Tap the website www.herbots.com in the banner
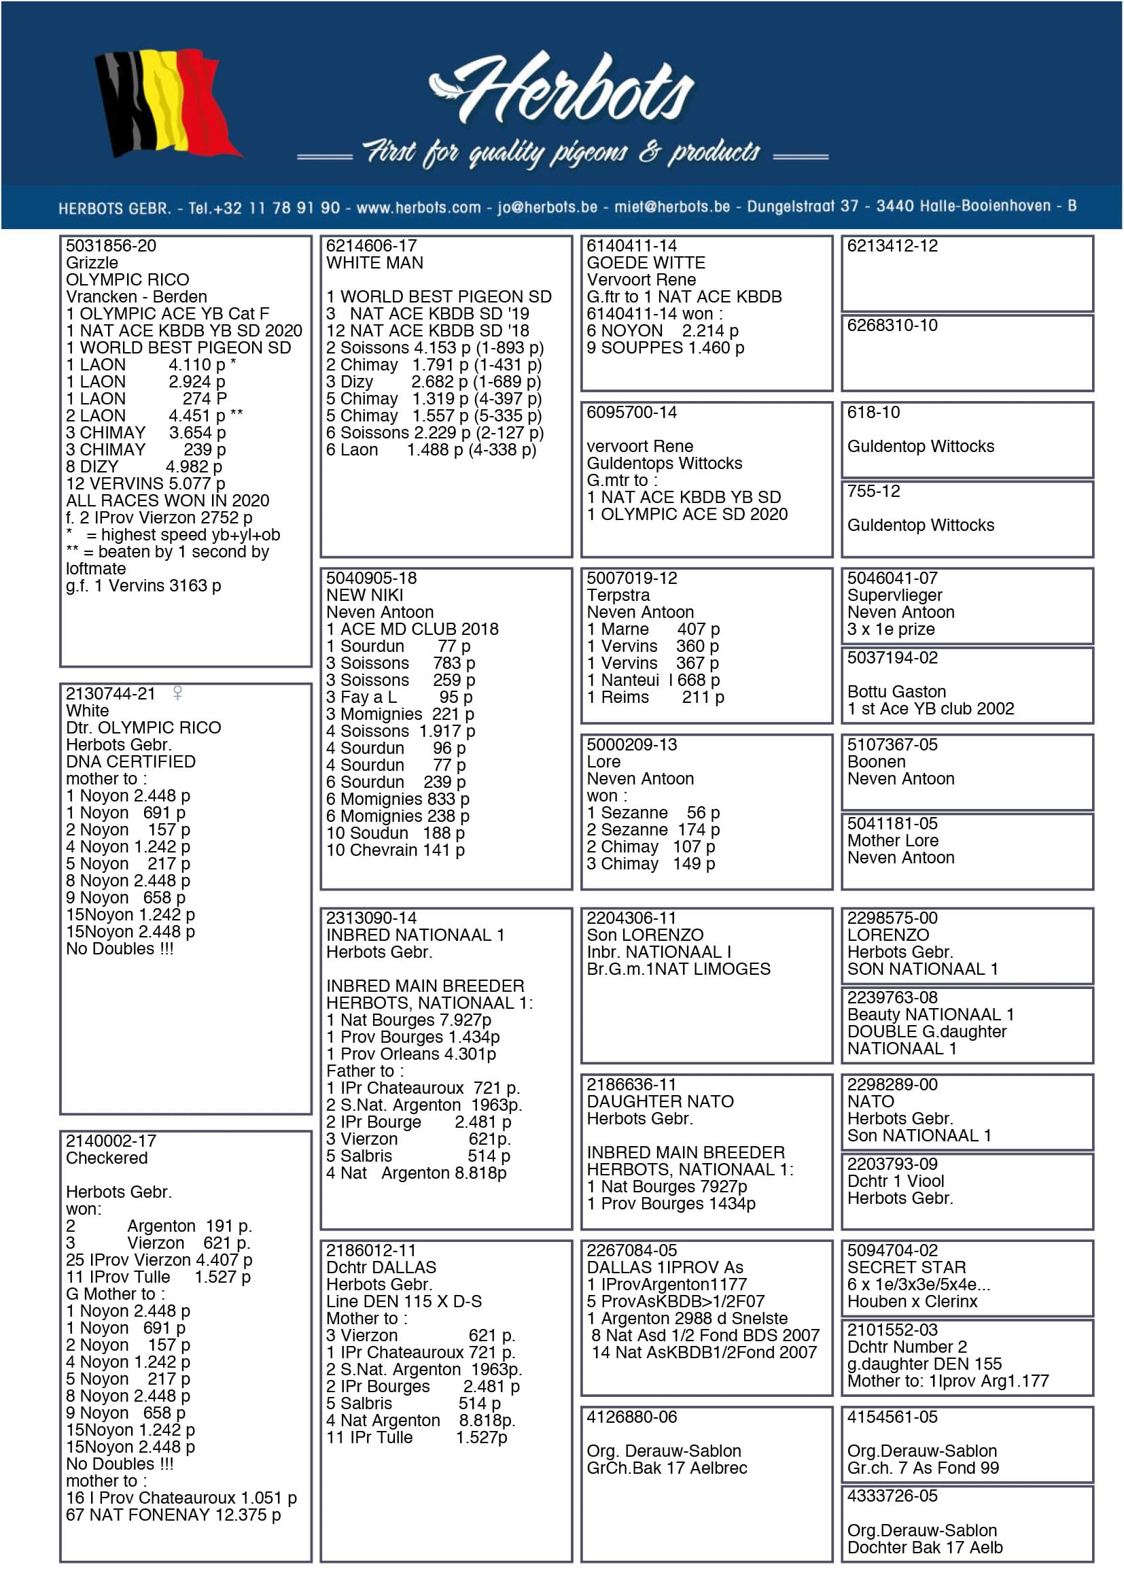(x=418, y=207)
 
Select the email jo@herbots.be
(x=547, y=207)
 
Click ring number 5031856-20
(x=111, y=246)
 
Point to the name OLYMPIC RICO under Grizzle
(x=127, y=280)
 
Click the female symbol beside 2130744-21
(x=178, y=693)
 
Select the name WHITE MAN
(x=374, y=262)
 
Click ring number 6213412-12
(x=892, y=246)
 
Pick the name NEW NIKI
(x=364, y=595)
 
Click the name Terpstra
(x=618, y=595)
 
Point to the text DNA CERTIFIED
(x=130, y=761)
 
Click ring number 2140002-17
(x=111, y=1141)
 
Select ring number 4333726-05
(x=892, y=1495)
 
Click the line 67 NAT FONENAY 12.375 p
(x=173, y=1515)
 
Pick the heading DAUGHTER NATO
(x=660, y=1101)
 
